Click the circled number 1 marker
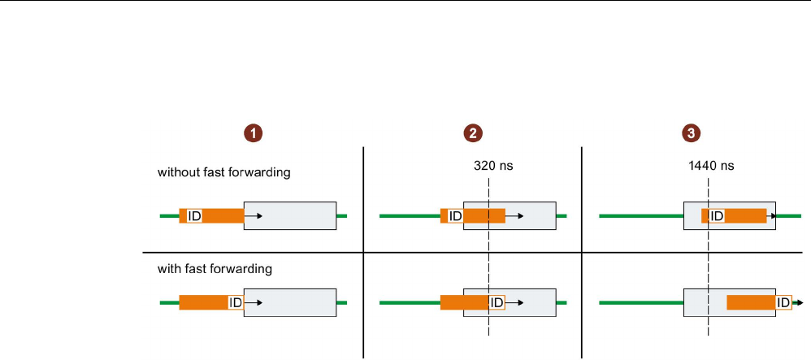pos(255,132)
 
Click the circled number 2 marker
pos(472,132)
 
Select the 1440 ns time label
pos(711,165)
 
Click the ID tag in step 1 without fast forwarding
pos(195,216)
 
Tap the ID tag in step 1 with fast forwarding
pos(236,302)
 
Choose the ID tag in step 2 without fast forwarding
pos(455,216)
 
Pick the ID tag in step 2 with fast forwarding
pos(497,302)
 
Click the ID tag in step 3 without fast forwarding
pos(716,216)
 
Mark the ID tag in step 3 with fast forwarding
pos(784,302)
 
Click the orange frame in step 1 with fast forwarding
pos(203,302)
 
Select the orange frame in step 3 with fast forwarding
pos(751,302)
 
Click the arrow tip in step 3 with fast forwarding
pos(800,302)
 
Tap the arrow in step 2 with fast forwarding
pos(514,302)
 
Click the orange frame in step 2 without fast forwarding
pos(484,216)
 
